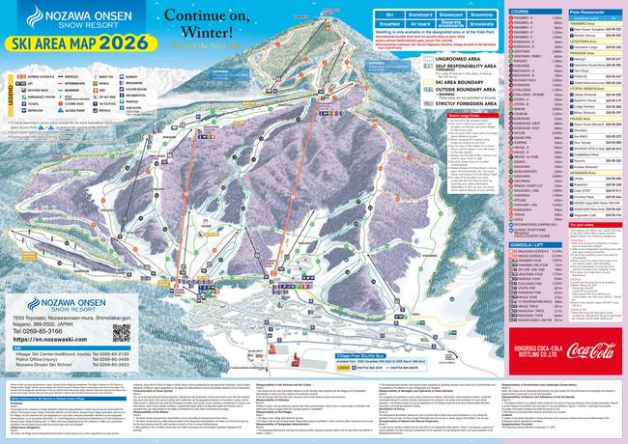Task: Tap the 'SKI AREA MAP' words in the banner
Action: pos(48,42)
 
